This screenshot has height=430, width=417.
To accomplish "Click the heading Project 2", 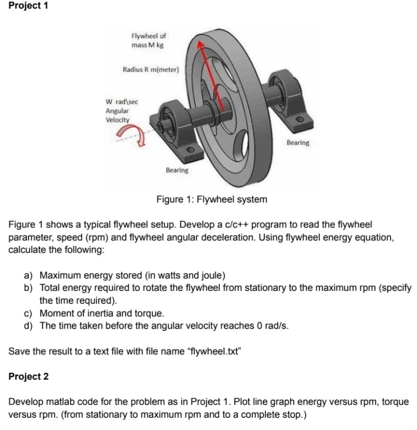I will tap(29, 377).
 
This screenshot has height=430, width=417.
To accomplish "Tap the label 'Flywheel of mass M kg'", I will tap(148, 40).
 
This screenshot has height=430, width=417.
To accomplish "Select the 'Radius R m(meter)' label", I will tap(150, 69).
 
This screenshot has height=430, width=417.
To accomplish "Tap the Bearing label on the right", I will tap(297, 143).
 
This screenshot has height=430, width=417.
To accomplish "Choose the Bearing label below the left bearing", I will tap(177, 170).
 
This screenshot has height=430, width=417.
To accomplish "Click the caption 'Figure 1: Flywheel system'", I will tap(212, 199).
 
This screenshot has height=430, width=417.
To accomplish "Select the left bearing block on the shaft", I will tap(171, 124).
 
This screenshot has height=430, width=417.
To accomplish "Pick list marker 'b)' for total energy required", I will tap(29, 288).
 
